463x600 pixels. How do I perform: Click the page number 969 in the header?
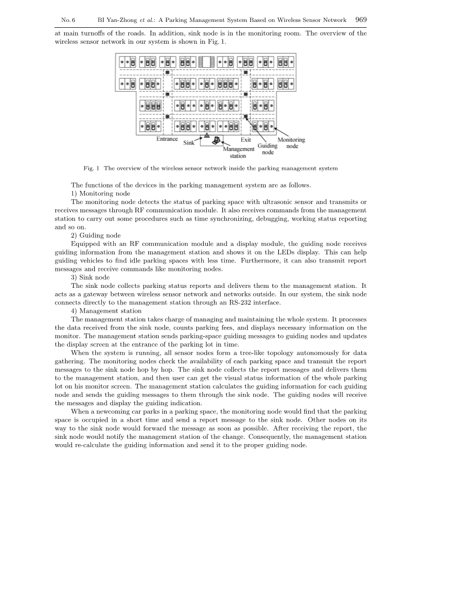click(361, 20)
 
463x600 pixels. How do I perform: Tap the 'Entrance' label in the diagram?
click(167, 139)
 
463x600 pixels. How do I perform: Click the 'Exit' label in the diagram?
click(246, 139)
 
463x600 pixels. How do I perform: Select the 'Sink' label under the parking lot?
click(189, 143)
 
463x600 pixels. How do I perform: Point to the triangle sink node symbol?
click(207, 135)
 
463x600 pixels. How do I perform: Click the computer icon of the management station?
click(216, 140)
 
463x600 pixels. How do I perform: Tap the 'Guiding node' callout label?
click(267, 149)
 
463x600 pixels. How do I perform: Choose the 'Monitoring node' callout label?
click(291, 143)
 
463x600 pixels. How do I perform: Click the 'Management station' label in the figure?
click(238, 152)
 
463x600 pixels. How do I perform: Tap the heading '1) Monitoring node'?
click(100, 193)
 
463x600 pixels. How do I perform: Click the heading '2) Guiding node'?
click(96, 235)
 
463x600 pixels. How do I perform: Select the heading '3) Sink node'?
click(90, 278)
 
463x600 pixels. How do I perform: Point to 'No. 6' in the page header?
click(68, 20)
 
